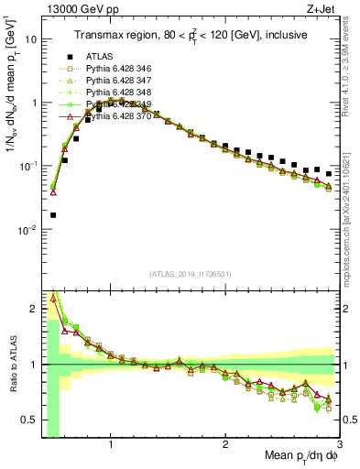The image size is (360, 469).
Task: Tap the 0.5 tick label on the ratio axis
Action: click(x=28, y=420)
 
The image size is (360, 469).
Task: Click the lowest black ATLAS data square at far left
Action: click(x=53, y=215)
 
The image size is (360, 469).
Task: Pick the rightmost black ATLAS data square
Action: click(x=328, y=173)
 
